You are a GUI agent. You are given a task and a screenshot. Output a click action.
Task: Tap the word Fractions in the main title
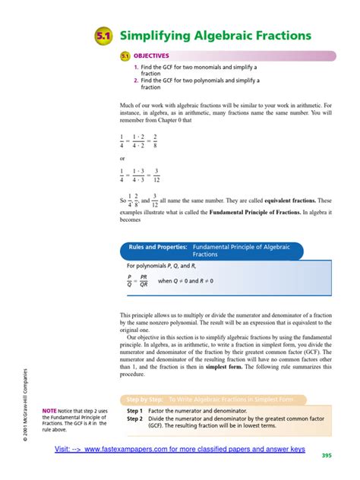pyautogui.click(x=279, y=36)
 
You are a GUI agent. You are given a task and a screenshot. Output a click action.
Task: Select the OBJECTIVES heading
pyautogui.click(x=151, y=55)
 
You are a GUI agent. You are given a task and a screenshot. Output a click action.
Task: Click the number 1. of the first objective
pyautogui.click(x=136, y=68)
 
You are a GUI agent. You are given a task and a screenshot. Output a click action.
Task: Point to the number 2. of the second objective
pyautogui.click(x=136, y=81)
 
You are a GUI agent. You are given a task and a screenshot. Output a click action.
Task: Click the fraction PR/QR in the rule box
pyautogui.click(x=144, y=281)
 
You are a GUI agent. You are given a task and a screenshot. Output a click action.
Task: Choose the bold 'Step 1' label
pyautogui.click(x=134, y=411)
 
